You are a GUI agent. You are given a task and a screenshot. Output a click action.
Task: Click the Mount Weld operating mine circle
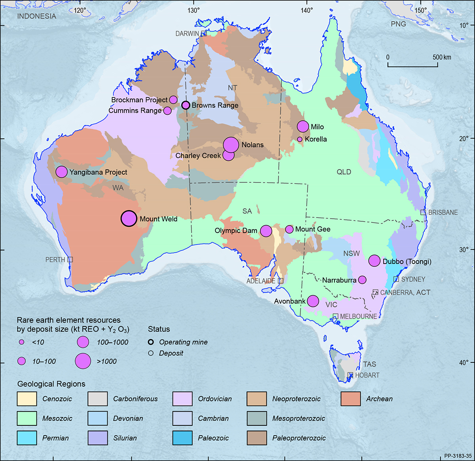pyautogui.click(x=129, y=218)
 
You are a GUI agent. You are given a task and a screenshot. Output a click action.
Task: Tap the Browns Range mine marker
pyautogui.click(x=186, y=105)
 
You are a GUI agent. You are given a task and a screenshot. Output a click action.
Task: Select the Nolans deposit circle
pyautogui.click(x=231, y=145)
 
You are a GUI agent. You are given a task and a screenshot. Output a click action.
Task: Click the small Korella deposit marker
pyautogui.click(x=300, y=139)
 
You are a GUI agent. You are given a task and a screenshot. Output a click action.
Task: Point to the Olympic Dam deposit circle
pyautogui.click(x=266, y=230)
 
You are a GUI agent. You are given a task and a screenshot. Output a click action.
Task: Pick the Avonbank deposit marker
pyautogui.click(x=313, y=301)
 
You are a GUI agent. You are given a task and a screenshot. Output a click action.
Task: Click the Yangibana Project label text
pyautogui.click(x=98, y=172)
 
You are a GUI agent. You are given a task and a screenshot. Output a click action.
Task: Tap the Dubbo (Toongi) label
pyautogui.click(x=407, y=262)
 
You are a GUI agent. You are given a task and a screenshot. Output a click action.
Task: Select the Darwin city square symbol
pyautogui.click(x=203, y=34)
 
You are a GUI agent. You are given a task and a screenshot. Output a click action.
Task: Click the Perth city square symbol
pyautogui.click(x=70, y=260)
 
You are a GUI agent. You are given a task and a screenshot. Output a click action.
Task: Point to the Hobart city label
pyautogui.click(x=367, y=375)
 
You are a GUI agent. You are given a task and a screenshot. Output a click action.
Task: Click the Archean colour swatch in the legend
pyautogui.click(x=350, y=399)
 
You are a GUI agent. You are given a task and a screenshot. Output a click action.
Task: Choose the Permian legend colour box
pyautogui.click(x=27, y=438)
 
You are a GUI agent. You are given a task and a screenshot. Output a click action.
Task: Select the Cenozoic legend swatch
pyautogui.click(x=27, y=399)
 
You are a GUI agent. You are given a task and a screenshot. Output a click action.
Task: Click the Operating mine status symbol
pyautogui.click(x=151, y=342)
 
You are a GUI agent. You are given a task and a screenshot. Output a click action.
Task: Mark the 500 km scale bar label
pyautogui.click(x=441, y=57)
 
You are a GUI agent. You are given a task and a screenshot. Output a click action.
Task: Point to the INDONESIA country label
pyautogui.click(x=36, y=16)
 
